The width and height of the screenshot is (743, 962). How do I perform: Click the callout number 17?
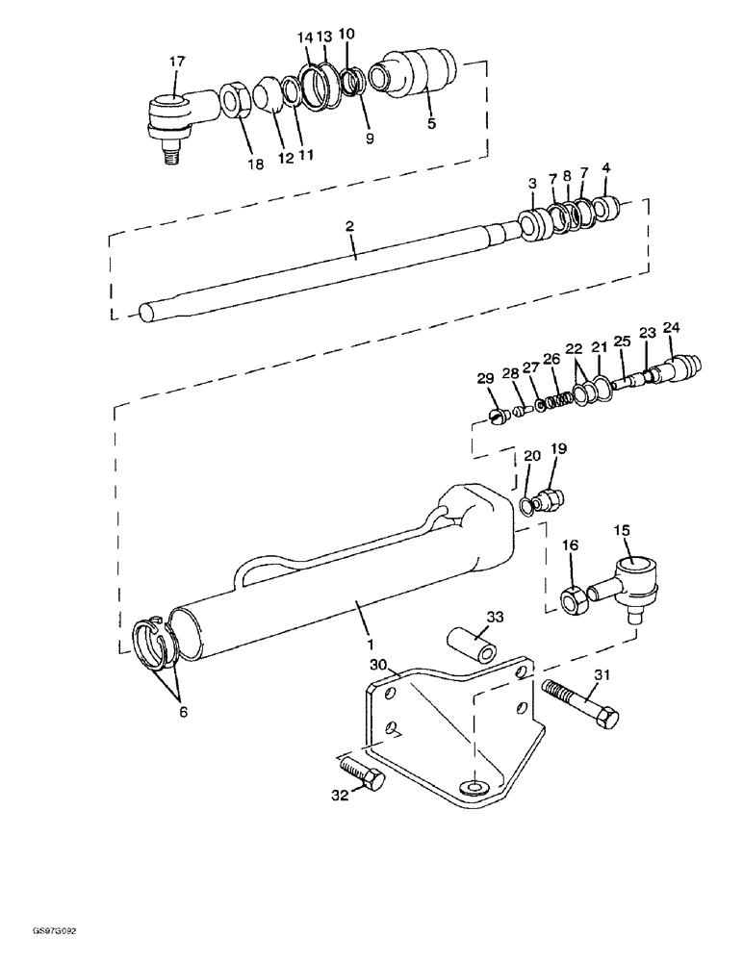(177, 62)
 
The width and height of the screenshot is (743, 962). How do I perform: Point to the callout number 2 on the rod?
(350, 226)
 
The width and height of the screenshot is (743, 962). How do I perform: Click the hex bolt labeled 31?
(580, 706)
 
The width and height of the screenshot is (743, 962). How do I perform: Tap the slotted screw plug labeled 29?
(498, 417)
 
